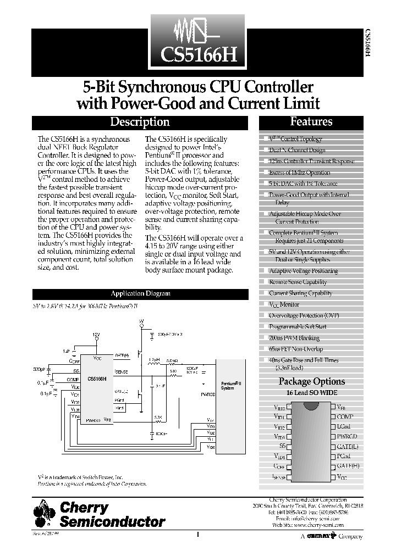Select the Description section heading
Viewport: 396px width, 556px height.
point(140,123)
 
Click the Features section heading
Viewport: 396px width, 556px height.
point(311,122)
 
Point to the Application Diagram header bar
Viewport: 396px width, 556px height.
point(140,294)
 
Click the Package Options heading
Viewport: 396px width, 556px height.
point(312,381)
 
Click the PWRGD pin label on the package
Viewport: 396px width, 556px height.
point(348,436)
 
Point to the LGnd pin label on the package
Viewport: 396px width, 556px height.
point(344,427)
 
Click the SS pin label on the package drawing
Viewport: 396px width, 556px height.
point(282,446)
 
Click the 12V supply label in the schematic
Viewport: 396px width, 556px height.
point(96,335)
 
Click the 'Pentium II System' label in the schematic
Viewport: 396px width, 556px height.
point(228,386)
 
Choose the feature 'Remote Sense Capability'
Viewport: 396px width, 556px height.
point(298,282)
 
